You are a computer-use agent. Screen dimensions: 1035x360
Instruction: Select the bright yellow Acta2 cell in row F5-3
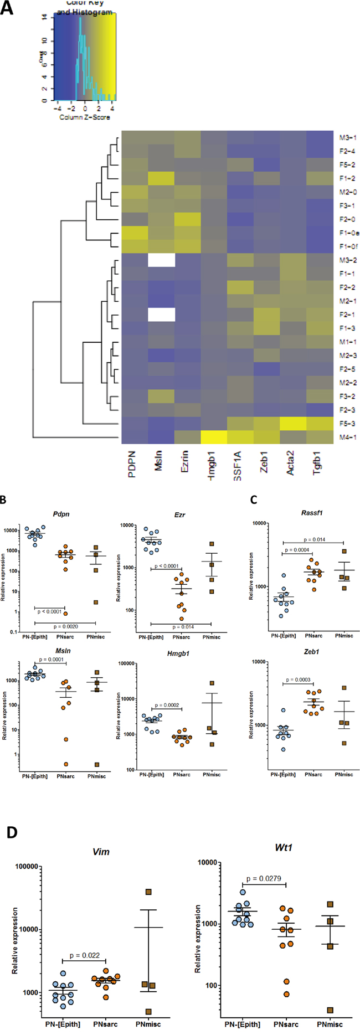click(x=293, y=424)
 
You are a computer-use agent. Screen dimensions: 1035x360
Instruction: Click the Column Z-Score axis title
click(x=85, y=117)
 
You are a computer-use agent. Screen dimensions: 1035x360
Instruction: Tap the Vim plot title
click(x=101, y=851)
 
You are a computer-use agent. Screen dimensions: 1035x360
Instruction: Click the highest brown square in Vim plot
click(x=148, y=892)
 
